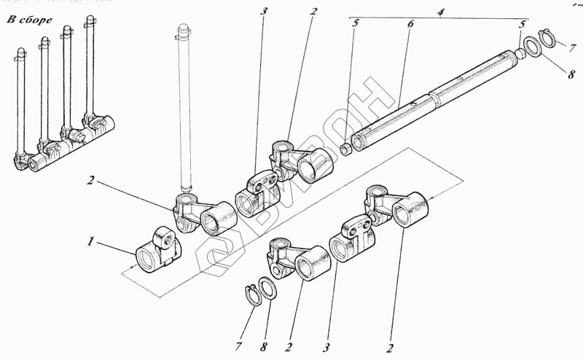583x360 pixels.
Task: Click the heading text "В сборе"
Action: pyautogui.click(x=29, y=18)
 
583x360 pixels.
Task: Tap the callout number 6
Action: pyautogui.click(x=410, y=24)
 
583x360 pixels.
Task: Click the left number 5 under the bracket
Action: pyautogui.click(x=355, y=24)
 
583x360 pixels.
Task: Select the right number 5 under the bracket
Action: pyautogui.click(x=521, y=24)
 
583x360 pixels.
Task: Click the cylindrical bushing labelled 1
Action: pyautogui.click(x=157, y=251)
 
